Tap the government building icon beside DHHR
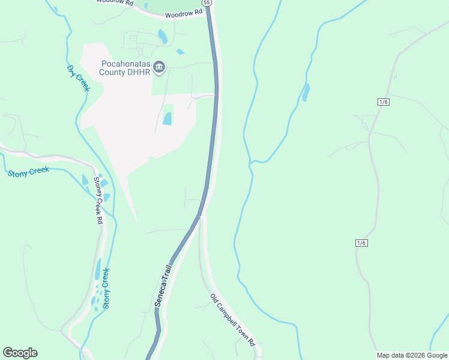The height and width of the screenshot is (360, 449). tap(160, 67)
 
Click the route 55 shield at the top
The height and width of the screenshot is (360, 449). tap(206, 2)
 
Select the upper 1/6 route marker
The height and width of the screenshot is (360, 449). tap(384, 102)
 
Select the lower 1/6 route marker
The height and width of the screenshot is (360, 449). tap(361, 242)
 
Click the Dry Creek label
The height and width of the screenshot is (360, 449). tap(78, 78)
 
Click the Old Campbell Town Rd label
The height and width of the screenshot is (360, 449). tap(233, 320)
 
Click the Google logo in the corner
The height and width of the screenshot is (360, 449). tap(20, 353)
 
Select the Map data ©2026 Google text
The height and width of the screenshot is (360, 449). tap(412, 355)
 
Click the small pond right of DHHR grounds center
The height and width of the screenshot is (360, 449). tap(167, 119)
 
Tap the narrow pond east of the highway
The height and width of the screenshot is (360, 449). tap(306, 92)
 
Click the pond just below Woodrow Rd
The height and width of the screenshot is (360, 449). tap(162, 37)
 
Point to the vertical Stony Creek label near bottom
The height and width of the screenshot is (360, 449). tap(106, 288)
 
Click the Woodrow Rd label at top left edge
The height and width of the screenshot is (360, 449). tap(113, 2)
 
